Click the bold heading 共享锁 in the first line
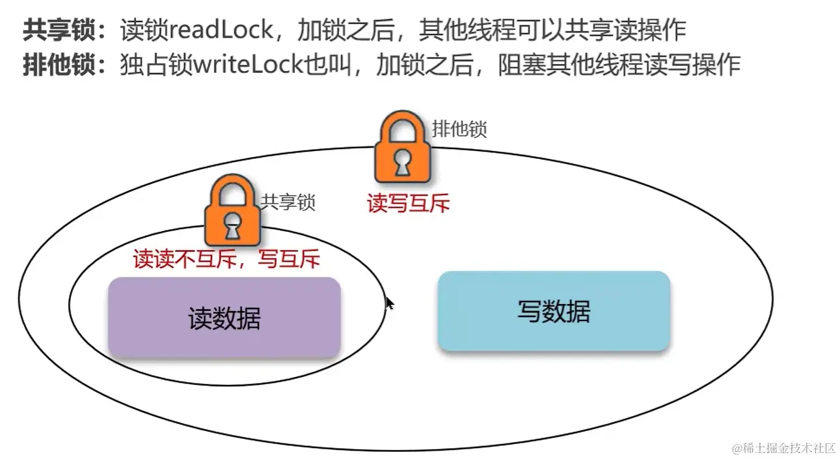pos(62,30)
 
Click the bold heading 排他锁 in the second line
pos(62,66)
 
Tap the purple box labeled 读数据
pos(224,318)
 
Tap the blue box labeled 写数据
pos(554,311)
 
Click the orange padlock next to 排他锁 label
pos(403,153)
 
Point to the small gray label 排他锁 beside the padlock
pos(459,130)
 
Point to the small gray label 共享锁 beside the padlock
pos(288,202)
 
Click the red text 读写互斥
pos(408,204)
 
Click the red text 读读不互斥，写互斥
pos(227,260)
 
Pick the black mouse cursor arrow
pos(390,303)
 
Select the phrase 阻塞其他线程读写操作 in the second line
pos(619,66)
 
